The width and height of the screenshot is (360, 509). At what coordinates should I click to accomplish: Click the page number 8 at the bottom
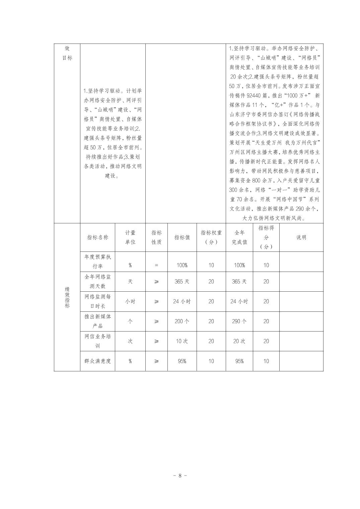[x=180, y=476]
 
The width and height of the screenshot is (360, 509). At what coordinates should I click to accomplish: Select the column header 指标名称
[x=97, y=237]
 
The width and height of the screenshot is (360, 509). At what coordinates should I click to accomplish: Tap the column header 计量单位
[x=130, y=237]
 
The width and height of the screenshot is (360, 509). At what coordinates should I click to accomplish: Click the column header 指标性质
[x=156, y=237]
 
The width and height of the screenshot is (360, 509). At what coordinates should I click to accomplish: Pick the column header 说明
[x=301, y=237]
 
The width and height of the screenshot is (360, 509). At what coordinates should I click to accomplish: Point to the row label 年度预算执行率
[x=97, y=262]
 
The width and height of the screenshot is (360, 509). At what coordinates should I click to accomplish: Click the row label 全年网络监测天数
[x=97, y=282]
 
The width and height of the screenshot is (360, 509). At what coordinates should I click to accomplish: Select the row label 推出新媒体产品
[x=97, y=321]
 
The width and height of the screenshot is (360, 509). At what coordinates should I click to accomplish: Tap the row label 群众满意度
[x=97, y=361]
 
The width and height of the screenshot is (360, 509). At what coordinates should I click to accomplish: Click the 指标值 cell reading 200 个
[x=182, y=321]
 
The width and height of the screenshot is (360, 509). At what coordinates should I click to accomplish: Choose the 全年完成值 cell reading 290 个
[x=239, y=321]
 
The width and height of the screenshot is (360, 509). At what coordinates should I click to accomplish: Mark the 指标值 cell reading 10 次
[x=182, y=341]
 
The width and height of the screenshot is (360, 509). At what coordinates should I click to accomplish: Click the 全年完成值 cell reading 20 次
[x=239, y=341]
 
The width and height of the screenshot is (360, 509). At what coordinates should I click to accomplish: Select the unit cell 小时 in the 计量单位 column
[x=130, y=301]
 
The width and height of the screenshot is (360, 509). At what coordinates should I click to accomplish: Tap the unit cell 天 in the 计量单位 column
[x=130, y=282]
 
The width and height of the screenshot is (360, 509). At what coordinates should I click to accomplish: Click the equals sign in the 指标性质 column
[x=156, y=265]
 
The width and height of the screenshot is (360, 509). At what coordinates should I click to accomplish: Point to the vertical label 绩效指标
[x=67, y=297]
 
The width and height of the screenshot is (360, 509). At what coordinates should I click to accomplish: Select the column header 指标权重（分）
[x=211, y=237]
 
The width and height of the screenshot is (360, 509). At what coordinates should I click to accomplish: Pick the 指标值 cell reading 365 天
[x=182, y=282]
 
